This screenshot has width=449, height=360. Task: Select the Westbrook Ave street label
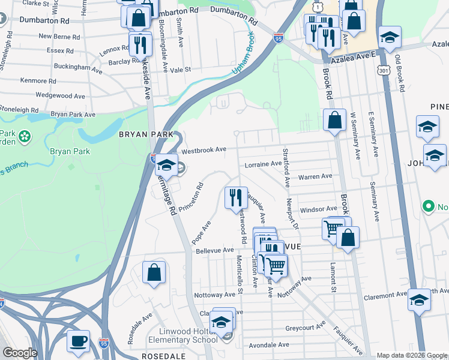point(203,149)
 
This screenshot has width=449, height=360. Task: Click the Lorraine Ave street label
point(263,164)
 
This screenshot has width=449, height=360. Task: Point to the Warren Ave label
point(315,177)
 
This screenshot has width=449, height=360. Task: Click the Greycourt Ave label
point(305,328)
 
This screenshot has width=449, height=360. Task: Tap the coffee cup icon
point(78,342)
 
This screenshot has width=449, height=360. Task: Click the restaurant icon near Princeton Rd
point(235,197)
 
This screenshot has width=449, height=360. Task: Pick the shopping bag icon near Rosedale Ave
point(154,272)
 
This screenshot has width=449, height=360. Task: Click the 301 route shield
point(382,71)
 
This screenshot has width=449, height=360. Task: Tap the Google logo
point(20,353)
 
